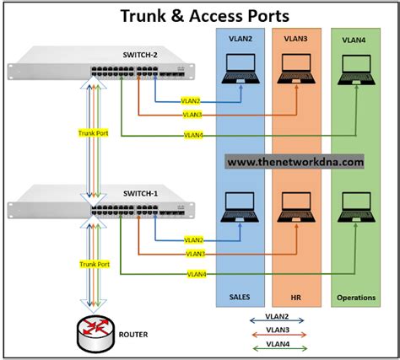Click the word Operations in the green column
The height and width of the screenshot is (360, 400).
(x=356, y=297)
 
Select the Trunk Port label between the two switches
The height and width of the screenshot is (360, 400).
(x=94, y=133)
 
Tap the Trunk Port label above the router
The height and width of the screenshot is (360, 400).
(x=94, y=264)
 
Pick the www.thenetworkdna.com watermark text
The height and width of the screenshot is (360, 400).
(x=295, y=162)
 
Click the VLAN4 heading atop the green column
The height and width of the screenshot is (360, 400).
(x=354, y=40)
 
